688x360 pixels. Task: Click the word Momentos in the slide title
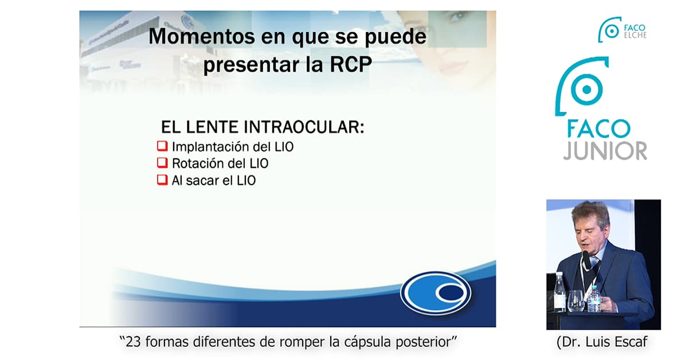point(201,37)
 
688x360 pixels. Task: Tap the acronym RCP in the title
point(350,65)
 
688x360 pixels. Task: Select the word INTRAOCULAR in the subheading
point(304,127)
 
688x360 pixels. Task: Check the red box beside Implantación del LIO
point(162,146)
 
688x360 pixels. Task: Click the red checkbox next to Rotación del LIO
point(162,162)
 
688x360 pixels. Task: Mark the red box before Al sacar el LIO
point(162,179)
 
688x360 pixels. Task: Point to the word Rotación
point(201,163)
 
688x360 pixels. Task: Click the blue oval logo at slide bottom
point(436,293)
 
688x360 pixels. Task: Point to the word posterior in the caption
point(423,342)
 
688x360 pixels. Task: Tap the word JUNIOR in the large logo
point(605,151)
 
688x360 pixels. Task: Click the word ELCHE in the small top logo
point(635,36)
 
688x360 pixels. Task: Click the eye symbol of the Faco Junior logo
point(587,89)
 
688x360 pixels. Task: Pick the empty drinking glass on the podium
point(576,301)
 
